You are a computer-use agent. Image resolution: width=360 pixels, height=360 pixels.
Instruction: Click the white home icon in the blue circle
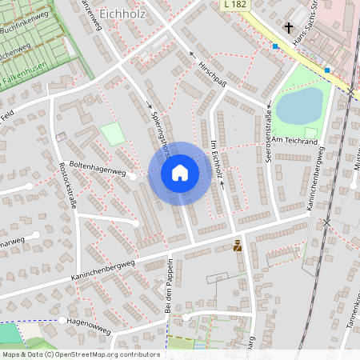[179, 172]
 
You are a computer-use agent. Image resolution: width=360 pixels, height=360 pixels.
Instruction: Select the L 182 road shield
[234, 6]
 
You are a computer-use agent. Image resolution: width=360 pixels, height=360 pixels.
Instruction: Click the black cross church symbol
[288, 28]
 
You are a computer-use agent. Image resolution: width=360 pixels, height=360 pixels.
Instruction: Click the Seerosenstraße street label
[266, 141]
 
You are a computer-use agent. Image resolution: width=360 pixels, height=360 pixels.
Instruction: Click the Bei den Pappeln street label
[169, 283]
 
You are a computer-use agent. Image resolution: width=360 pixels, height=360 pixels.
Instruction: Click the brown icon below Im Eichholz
[238, 246]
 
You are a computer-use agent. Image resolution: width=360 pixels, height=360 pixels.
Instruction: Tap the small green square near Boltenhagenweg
[112, 134]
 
